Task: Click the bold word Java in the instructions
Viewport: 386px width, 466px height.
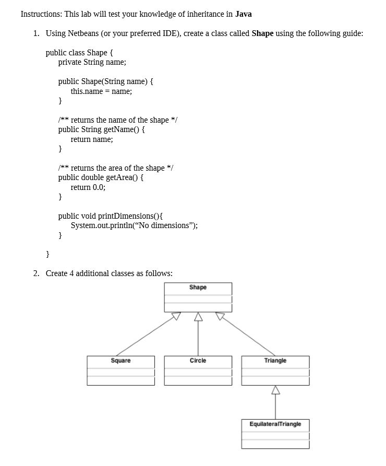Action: [x=243, y=14]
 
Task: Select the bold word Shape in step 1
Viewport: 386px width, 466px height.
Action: [x=262, y=33]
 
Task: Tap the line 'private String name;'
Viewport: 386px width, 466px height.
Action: [x=92, y=62]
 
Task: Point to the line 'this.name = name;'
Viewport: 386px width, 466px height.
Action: [x=101, y=91]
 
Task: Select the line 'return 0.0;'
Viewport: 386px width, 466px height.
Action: [x=88, y=187]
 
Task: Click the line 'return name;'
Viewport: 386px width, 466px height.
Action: [x=92, y=139]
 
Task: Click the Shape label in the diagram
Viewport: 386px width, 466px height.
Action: [x=198, y=288]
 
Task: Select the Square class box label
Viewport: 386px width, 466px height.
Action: [x=120, y=361]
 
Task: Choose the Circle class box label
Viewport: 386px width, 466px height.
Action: [x=198, y=361]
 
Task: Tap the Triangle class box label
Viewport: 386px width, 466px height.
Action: [x=275, y=361]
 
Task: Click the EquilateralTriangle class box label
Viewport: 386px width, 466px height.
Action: [x=275, y=424]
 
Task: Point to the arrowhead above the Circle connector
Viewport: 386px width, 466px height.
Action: [x=198, y=317]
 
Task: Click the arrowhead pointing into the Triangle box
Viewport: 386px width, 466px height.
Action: [x=275, y=390]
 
